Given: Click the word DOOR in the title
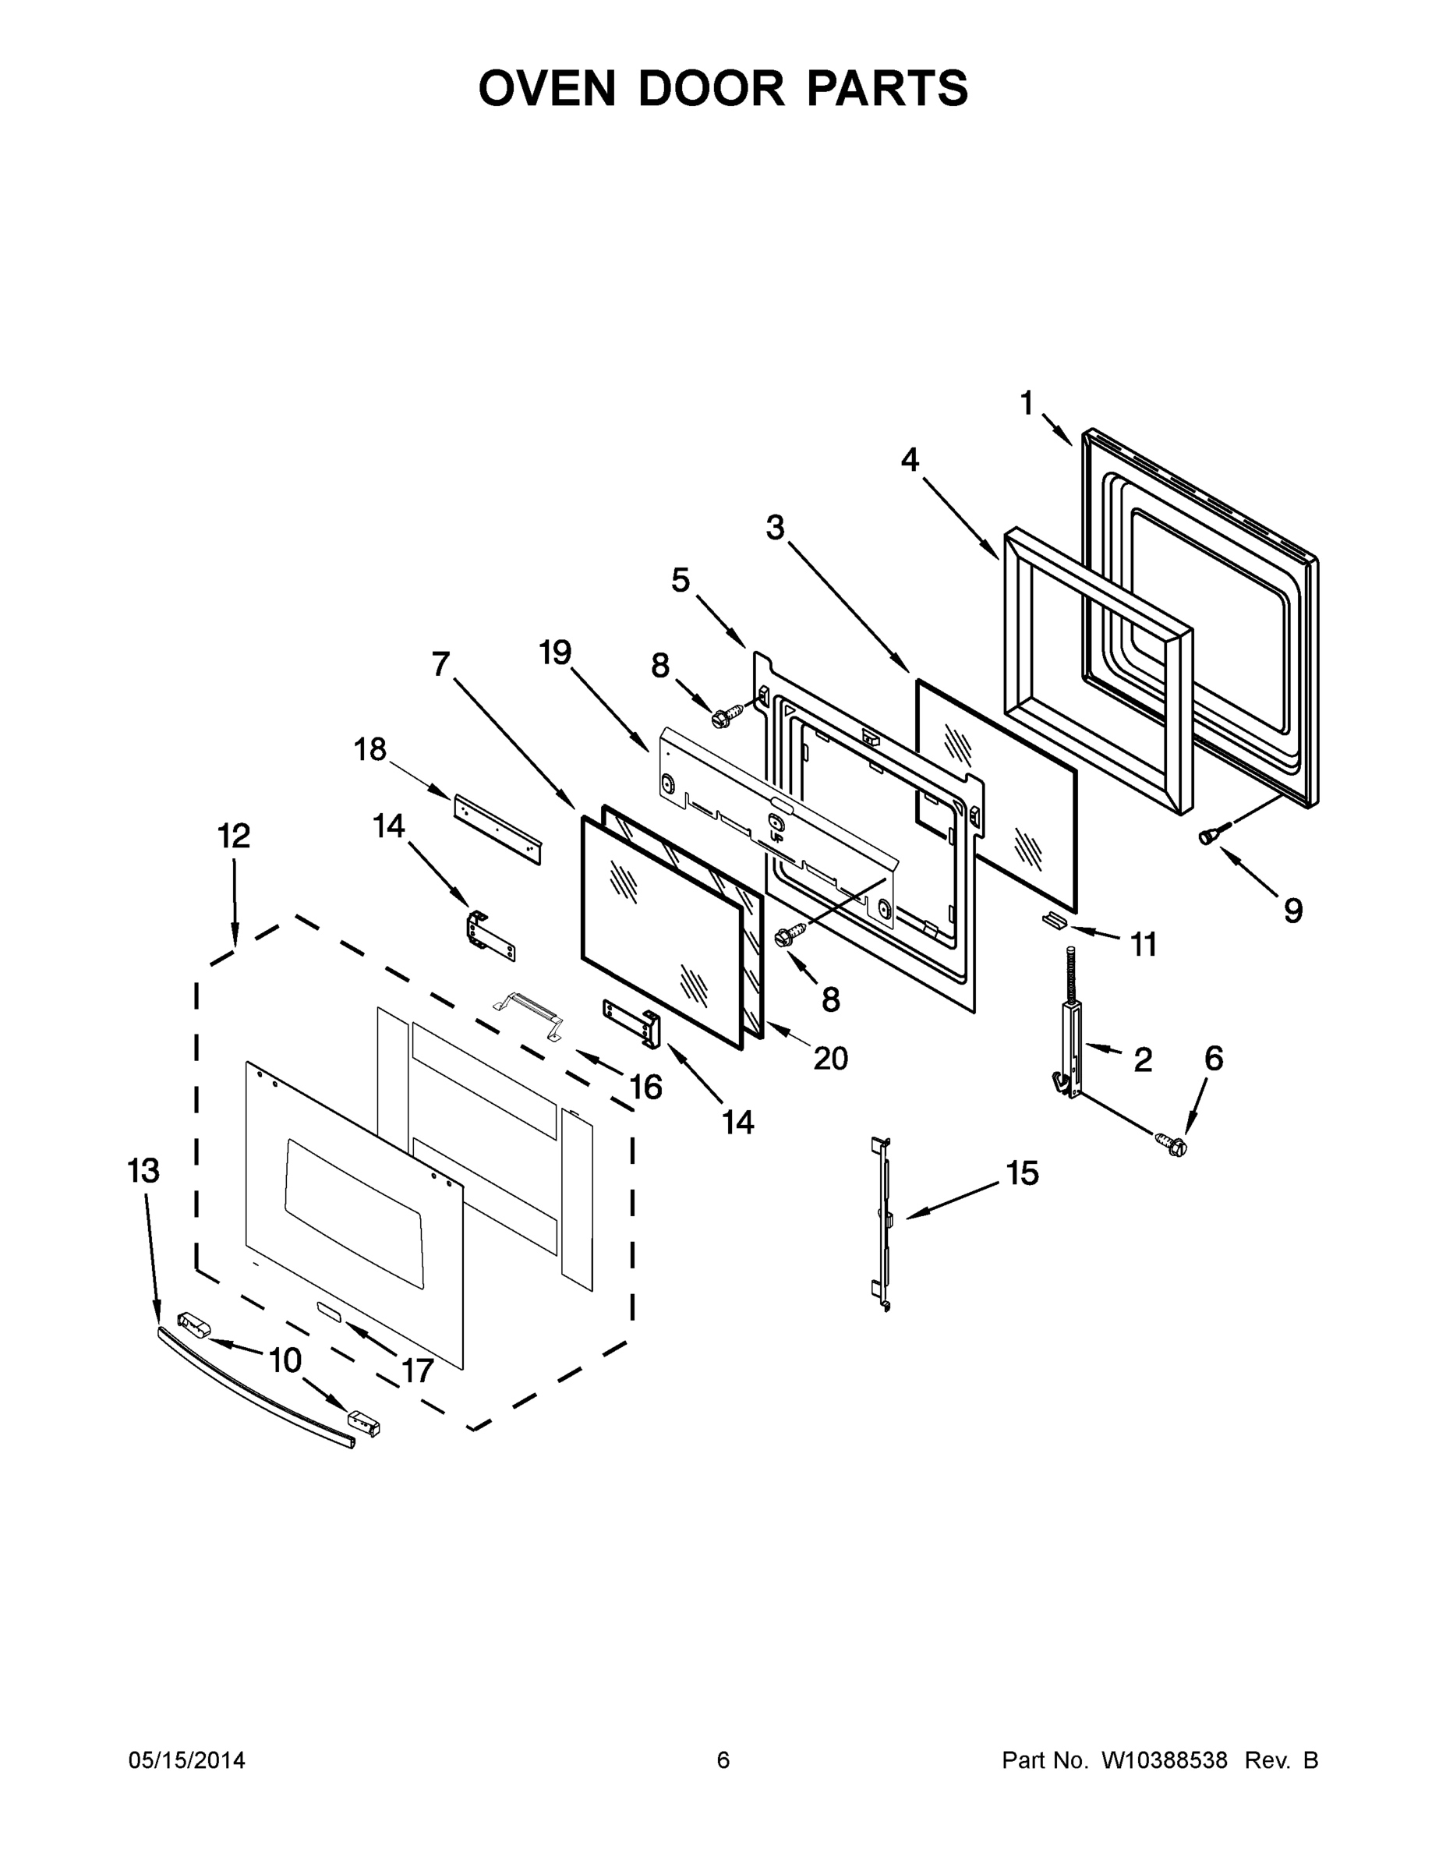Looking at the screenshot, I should tap(710, 88).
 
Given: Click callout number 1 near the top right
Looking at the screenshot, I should tap(1027, 402).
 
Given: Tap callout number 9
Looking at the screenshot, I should tap(1292, 910).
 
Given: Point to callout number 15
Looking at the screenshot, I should tap(1021, 1172).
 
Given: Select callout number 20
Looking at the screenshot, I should tap(830, 1059).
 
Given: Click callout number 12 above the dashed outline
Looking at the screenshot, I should tap(233, 836).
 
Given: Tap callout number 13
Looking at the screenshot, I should tap(143, 1170).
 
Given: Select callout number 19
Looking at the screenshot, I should tap(554, 653).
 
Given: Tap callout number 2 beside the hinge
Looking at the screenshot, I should tap(1142, 1060).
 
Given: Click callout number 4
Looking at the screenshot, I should tap(909, 460).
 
